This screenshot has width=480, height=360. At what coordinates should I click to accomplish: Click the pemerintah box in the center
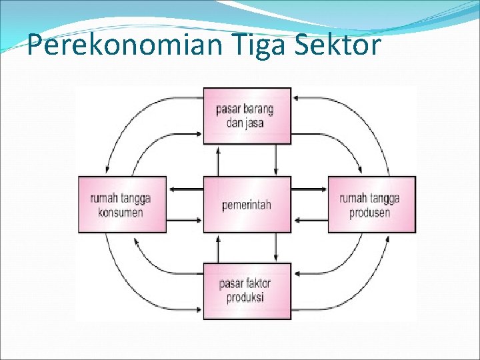pos(247,204)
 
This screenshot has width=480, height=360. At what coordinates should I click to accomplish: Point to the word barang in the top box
pos(259,109)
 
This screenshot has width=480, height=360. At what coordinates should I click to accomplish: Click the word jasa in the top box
pos(255,123)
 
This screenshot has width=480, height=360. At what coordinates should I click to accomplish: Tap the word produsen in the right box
pos(370,213)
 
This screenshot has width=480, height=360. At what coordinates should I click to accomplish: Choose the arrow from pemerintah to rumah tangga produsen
pos(309,190)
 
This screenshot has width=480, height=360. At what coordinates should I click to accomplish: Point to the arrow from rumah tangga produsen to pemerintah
pos(309,219)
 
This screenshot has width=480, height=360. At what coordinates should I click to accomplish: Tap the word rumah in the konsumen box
pos(105,199)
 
